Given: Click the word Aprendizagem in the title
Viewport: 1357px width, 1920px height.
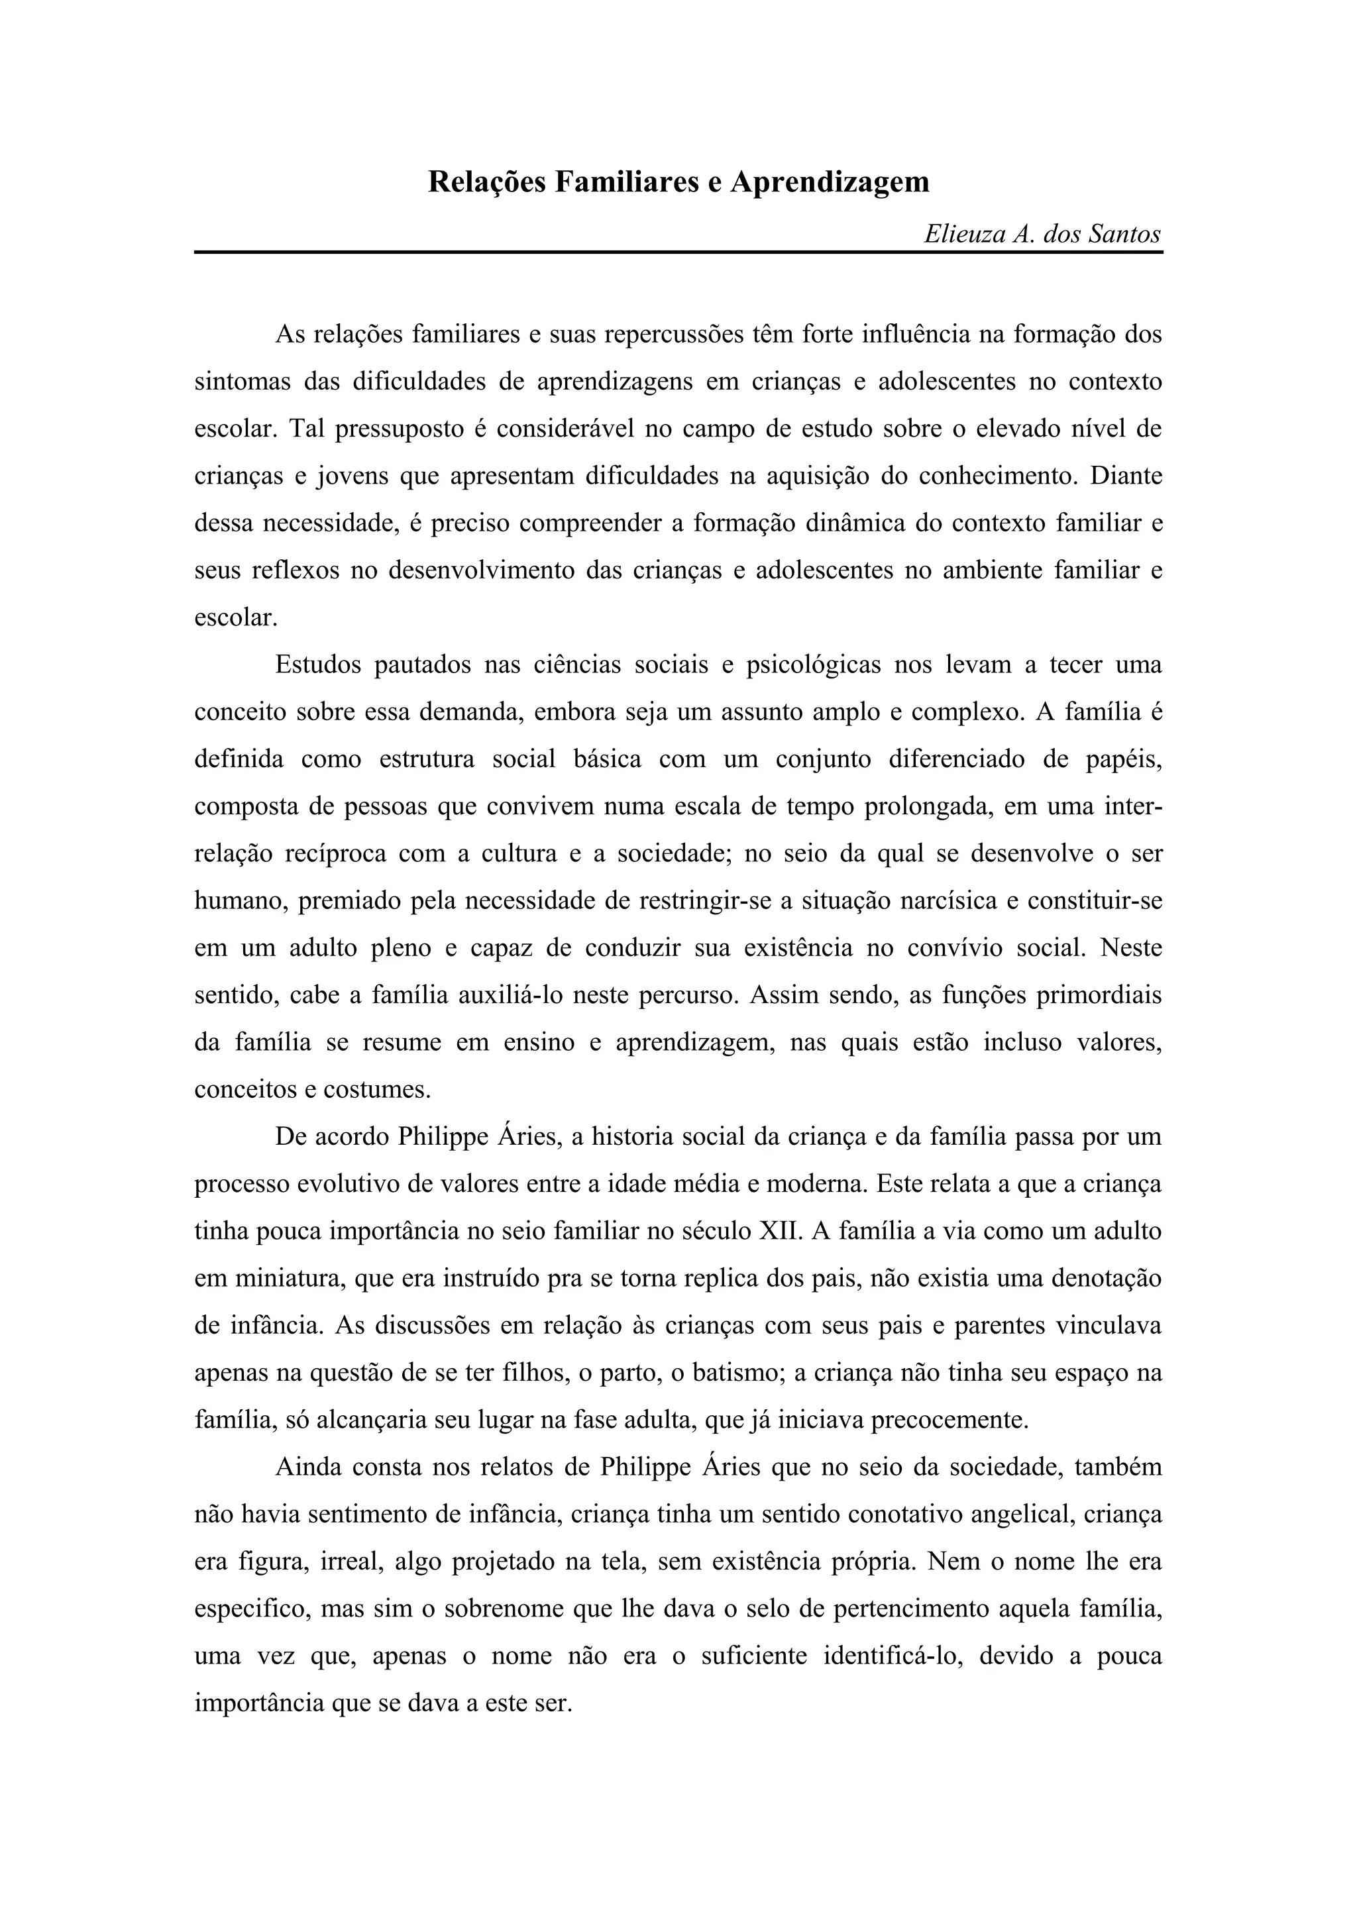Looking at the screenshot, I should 830,182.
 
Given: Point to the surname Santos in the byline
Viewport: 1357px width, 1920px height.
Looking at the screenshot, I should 1124,235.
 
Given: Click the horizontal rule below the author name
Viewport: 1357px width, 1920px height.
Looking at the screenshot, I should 678,252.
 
